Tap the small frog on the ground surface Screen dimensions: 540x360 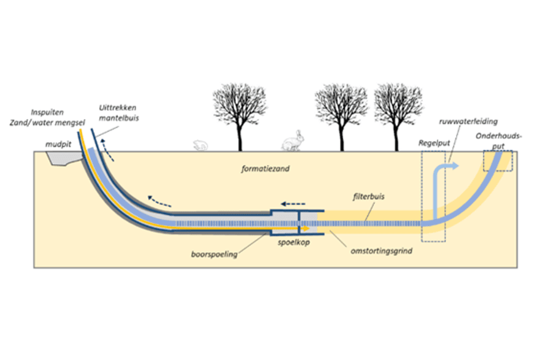point(200,145)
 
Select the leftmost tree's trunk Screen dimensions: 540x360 point(240,136)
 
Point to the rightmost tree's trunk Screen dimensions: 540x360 point(396,137)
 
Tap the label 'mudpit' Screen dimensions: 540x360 point(58,144)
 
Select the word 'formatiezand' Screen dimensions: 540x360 point(265,169)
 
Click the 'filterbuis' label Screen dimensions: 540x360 point(369,196)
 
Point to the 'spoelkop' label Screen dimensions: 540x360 point(294,242)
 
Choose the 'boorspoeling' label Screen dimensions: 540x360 point(214,255)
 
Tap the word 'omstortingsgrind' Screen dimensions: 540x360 point(381,251)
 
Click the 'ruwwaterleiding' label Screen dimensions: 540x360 point(468,121)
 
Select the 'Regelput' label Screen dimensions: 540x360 point(434,143)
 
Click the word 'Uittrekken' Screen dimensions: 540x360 point(117,108)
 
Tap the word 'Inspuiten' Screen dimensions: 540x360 point(47,112)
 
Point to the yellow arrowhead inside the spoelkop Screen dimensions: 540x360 point(306,229)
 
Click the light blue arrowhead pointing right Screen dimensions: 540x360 point(455,166)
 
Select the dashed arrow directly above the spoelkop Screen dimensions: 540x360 point(293,204)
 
